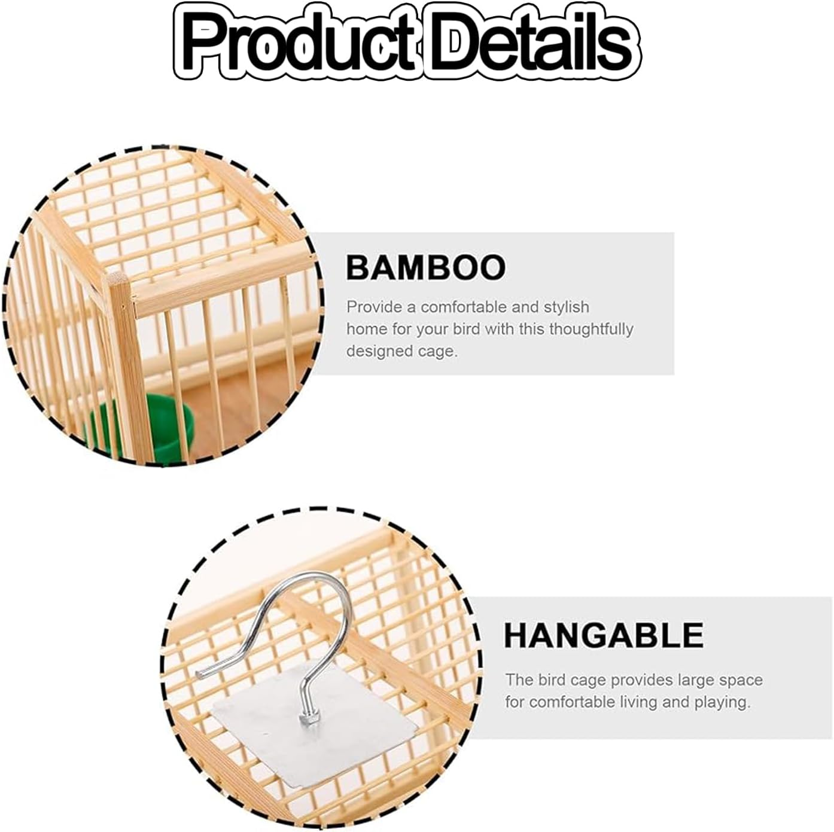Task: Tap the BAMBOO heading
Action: pos(426,267)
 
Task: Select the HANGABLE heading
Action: pos(603,635)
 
